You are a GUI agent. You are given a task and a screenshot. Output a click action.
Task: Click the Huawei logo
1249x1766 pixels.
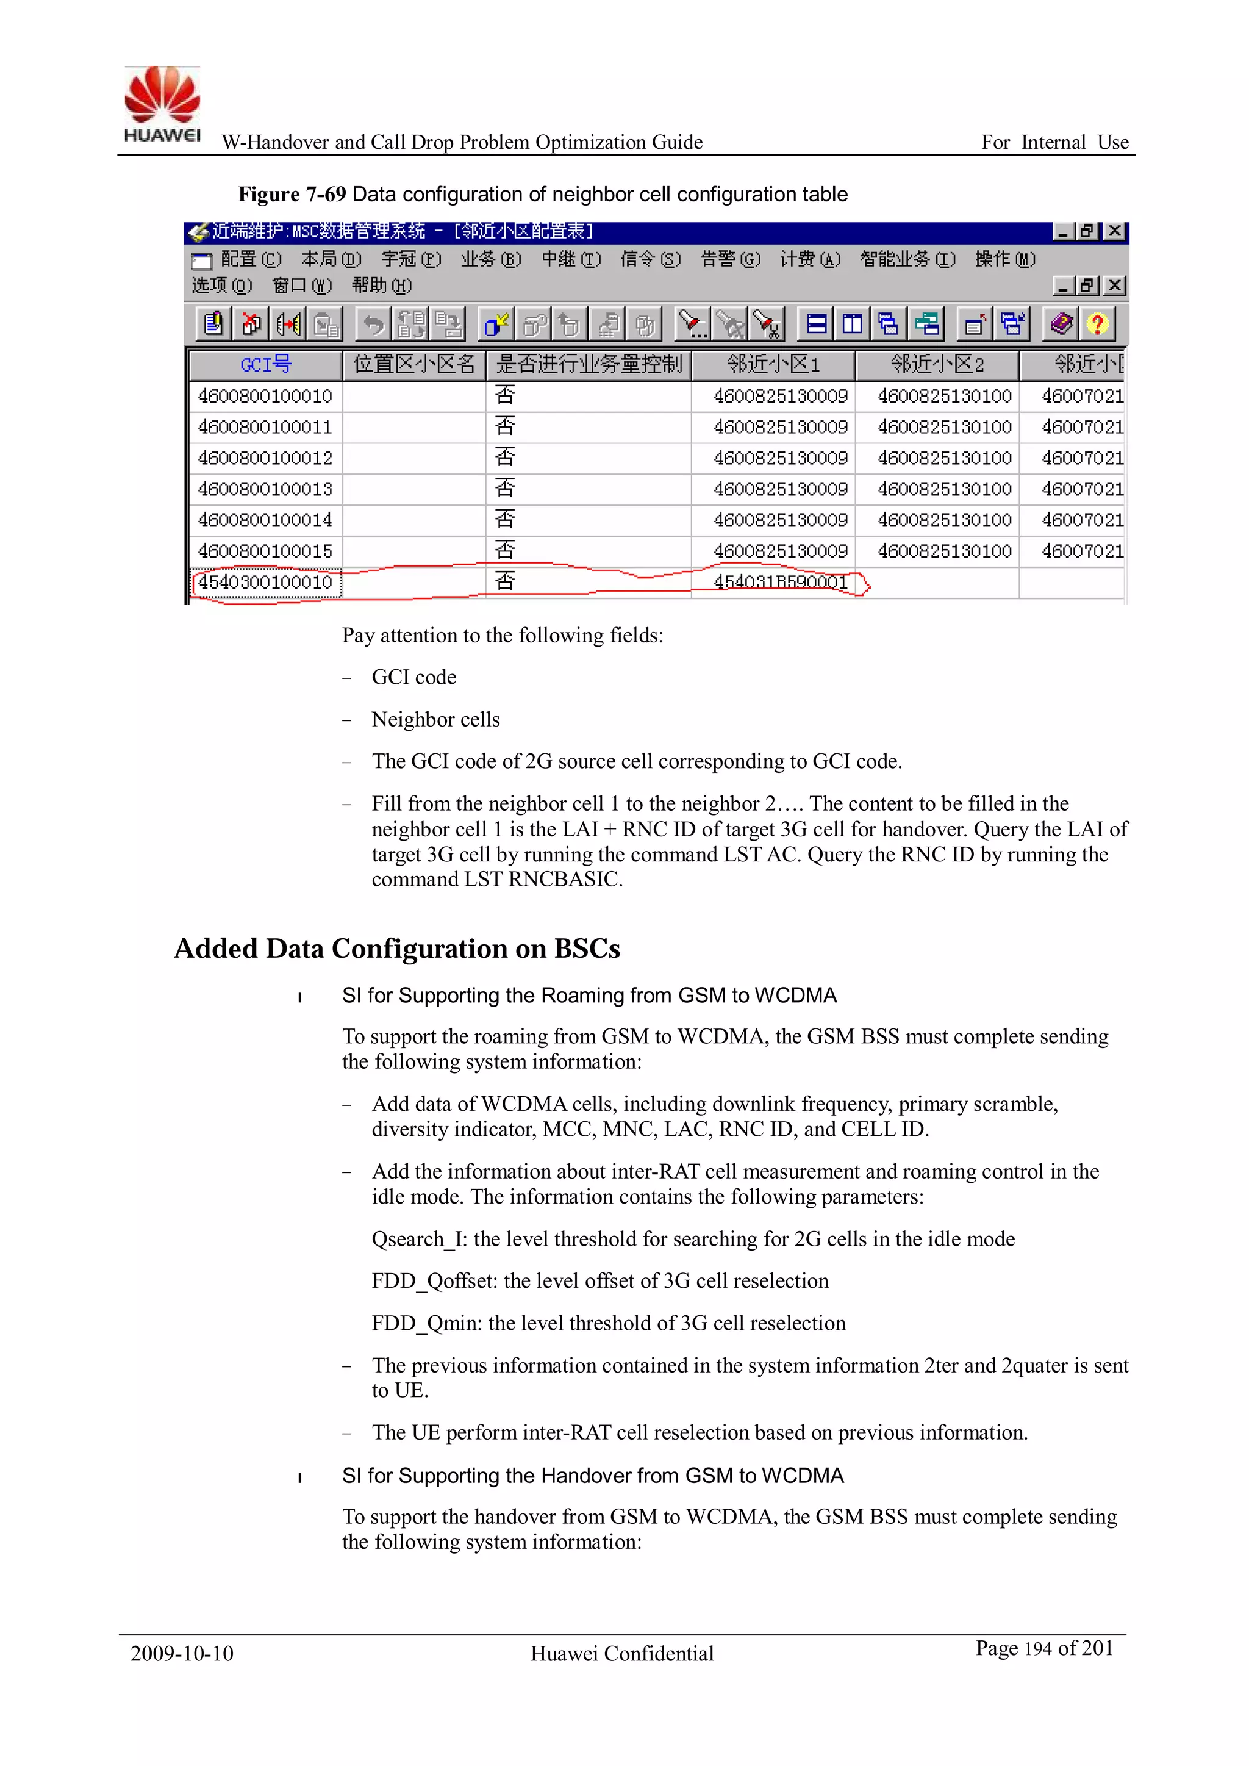tap(162, 104)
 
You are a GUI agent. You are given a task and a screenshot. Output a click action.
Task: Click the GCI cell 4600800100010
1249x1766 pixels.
tap(265, 396)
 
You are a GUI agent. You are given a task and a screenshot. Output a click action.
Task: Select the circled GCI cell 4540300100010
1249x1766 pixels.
tap(265, 582)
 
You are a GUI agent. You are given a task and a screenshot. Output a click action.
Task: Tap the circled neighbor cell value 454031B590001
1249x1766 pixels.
tap(780, 582)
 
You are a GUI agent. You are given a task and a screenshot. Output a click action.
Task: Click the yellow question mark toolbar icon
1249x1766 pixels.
tap(1097, 324)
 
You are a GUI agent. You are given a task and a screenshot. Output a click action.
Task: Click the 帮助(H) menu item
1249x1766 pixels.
tap(381, 286)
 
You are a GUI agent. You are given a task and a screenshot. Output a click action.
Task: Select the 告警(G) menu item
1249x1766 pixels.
tap(730, 259)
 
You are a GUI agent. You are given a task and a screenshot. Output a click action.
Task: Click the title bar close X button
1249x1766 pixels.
tap(1114, 232)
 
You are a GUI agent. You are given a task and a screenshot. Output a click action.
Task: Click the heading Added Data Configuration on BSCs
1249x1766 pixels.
tap(397, 949)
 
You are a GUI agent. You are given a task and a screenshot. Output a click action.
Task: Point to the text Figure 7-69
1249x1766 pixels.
tap(292, 195)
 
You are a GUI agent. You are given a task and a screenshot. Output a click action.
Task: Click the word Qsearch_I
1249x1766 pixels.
tap(418, 1239)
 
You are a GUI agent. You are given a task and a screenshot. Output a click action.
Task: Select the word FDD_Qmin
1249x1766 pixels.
tap(426, 1323)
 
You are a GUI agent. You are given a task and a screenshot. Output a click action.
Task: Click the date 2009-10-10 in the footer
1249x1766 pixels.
tap(182, 1653)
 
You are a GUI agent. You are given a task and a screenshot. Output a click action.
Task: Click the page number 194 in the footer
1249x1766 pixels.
tap(1037, 1648)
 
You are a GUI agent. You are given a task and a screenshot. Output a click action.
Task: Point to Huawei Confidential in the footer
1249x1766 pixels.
tap(622, 1653)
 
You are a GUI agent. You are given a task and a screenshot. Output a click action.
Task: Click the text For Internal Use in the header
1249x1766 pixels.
tap(1054, 142)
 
